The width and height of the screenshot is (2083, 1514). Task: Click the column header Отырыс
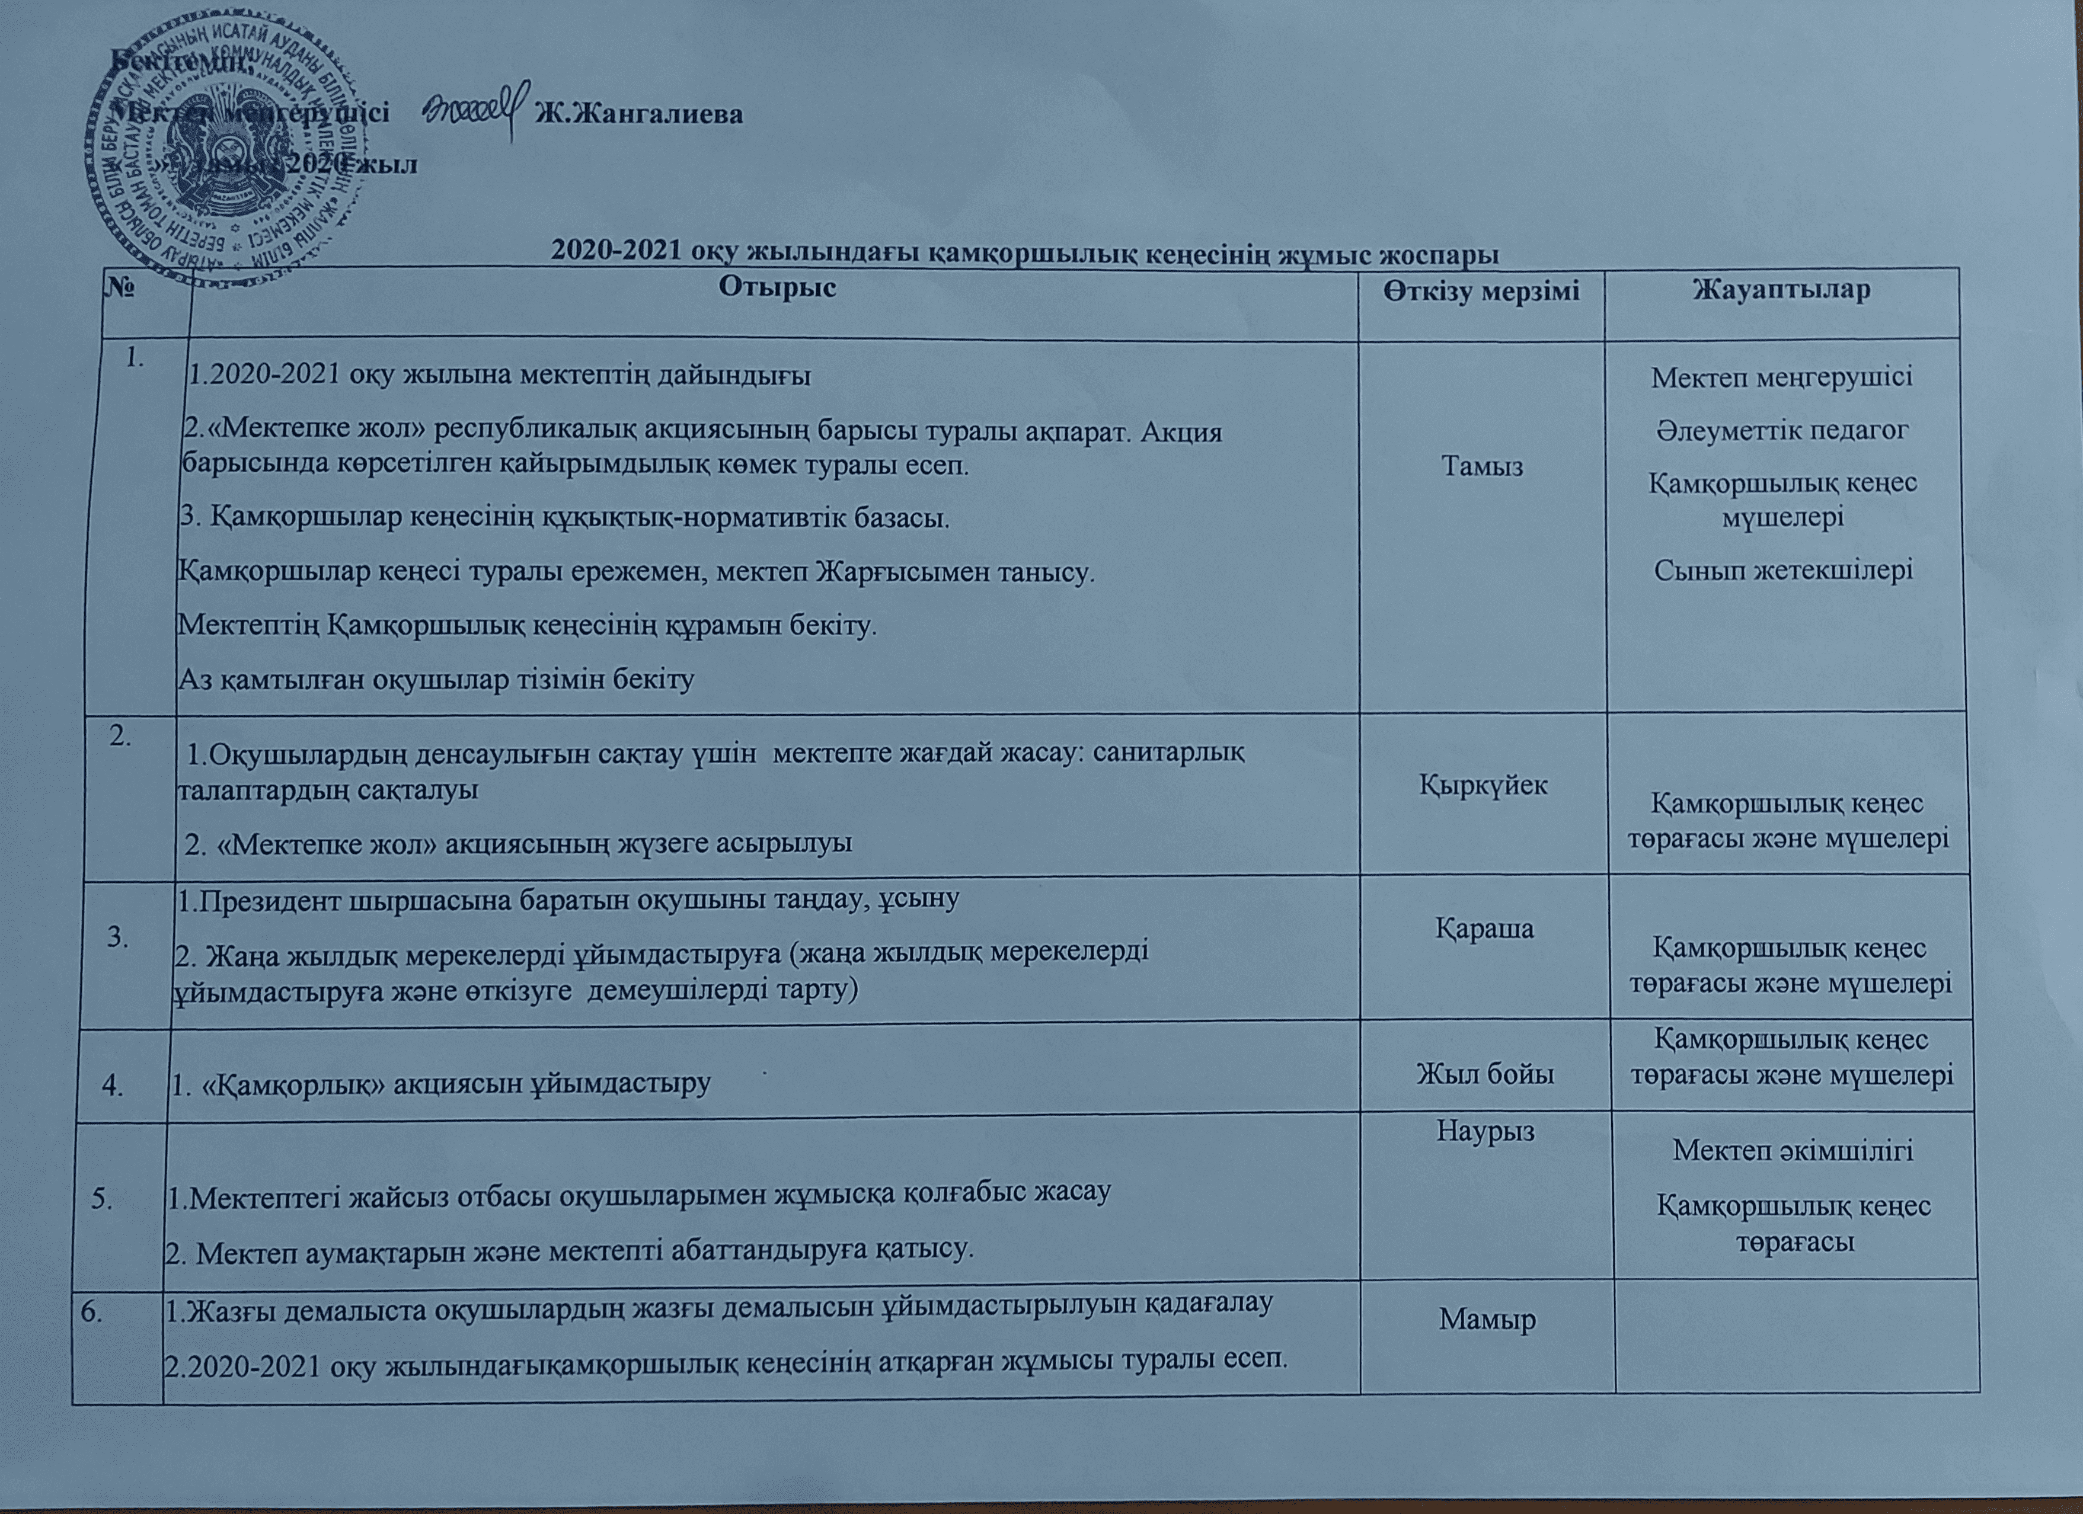[x=777, y=287]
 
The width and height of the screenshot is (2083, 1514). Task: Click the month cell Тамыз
[x=1483, y=466]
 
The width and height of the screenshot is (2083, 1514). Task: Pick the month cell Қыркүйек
[x=1483, y=785]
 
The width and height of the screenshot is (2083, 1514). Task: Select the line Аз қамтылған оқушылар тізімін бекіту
[x=435, y=680]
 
